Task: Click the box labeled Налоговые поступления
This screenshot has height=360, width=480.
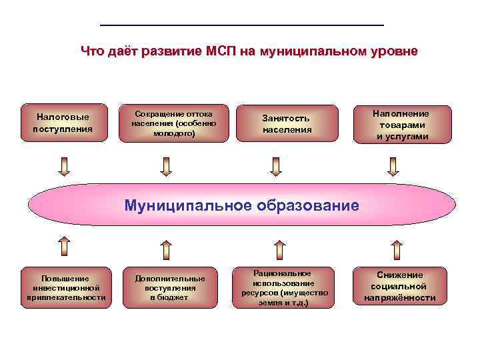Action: [x=63, y=123]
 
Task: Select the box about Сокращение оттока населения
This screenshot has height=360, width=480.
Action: [x=174, y=123]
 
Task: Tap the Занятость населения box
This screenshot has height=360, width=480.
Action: [x=287, y=123]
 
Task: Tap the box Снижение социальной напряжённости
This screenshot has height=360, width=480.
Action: [x=400, y=286]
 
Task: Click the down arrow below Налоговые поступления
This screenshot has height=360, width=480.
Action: [x=64, y=166]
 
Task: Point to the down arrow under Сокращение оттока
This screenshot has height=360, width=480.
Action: [x=166, y=166]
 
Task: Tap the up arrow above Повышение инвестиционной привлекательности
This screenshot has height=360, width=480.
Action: [x=64, y=248]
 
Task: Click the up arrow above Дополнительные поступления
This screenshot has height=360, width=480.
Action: [x=166, y=248]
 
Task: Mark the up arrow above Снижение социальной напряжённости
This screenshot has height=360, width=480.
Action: [x=397, y=248]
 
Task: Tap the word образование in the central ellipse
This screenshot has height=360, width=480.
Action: [x=307, y=205]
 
